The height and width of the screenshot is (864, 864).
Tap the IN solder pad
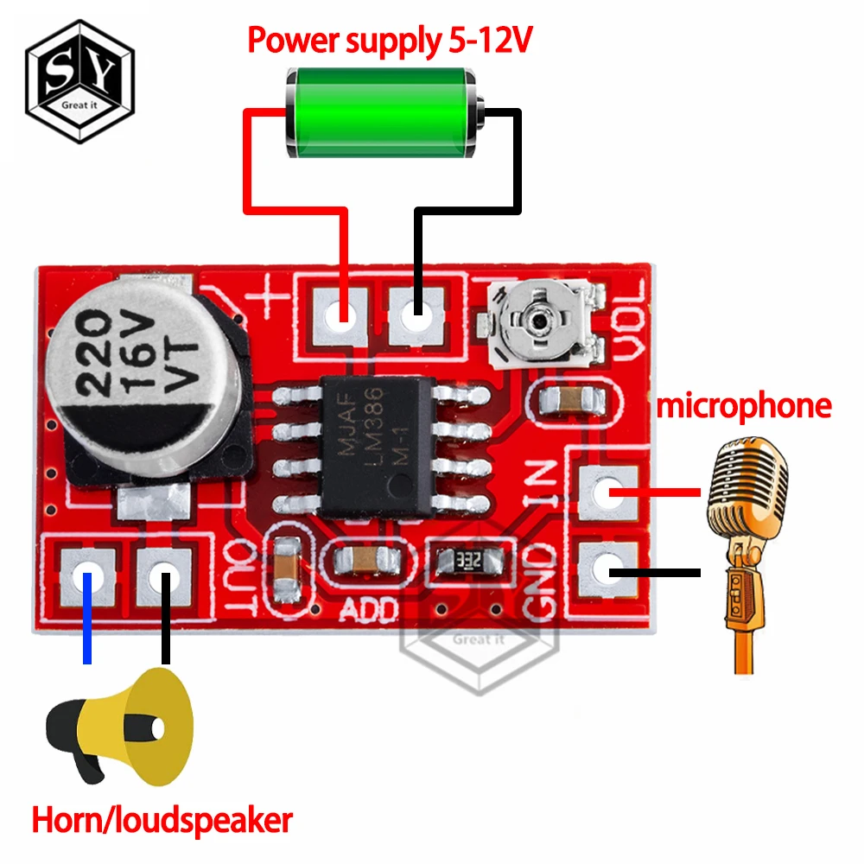coord(610,493)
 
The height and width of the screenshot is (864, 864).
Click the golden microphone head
coord(748,484)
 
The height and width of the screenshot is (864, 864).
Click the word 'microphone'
coord(744,405)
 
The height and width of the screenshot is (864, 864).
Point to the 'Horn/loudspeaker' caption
coord(162,820)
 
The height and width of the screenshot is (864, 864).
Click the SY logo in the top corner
coord(79,82)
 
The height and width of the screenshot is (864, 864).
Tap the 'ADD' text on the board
coord(368,609)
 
